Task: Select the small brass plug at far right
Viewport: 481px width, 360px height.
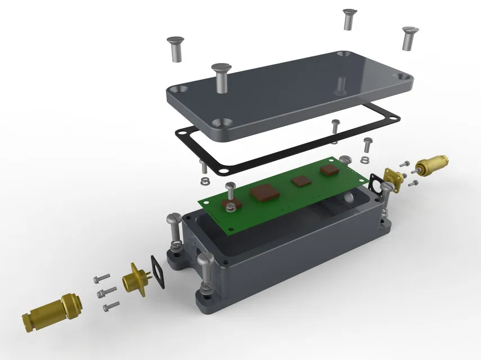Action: coord(431,165)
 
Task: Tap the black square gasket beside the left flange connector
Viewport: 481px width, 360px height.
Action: coord(159,271)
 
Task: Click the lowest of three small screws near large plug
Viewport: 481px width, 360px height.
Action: coord(111,306)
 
